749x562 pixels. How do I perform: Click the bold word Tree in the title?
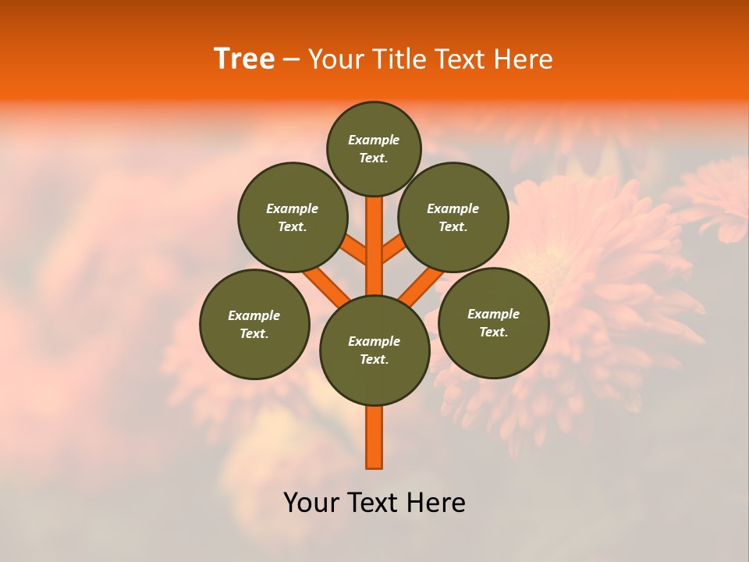244,59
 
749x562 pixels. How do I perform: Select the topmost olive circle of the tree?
374,148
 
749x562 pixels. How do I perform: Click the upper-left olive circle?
293,217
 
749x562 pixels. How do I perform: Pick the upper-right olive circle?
453,217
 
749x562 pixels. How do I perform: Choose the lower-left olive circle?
254,324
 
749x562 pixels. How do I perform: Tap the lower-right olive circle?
493,322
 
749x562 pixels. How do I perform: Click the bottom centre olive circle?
374,350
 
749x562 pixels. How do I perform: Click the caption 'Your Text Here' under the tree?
374,503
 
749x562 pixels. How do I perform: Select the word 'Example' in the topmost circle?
374,140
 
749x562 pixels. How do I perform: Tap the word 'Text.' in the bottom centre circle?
374,360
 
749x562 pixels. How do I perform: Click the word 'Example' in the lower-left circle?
254,315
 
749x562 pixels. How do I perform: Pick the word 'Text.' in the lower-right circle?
493,332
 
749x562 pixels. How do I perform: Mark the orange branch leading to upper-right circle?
393,251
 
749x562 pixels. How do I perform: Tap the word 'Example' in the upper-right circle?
453,208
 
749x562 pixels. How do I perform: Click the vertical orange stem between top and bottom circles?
374,242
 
